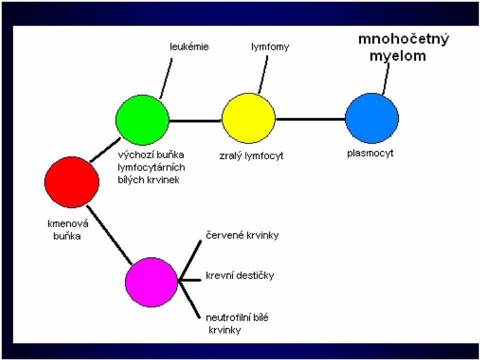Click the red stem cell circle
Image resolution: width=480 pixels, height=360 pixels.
[x=71, y=182]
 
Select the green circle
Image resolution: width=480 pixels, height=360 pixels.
[x=142, y=119]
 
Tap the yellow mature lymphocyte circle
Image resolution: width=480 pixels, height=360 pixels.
[x=248, y=118]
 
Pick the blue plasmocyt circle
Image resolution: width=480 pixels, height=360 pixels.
[x=372, y=118]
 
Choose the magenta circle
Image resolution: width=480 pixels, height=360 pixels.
[x=151, y=282]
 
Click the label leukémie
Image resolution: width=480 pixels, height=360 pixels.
[x=189, y=46]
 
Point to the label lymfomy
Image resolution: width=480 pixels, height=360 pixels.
[x=270, y=47]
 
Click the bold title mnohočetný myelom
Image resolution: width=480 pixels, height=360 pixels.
[x=403, y=48]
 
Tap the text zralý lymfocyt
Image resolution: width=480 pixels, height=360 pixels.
[x=251, y=156]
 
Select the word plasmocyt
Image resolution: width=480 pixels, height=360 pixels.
[x=370, y=153]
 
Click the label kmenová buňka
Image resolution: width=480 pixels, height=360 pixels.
[x=67, y=230]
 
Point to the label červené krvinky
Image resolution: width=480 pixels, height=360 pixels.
[x=242, y=235]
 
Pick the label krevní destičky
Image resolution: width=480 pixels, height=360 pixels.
[x=240, y=275]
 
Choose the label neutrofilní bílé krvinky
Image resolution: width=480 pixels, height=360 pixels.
[x=237, y=323]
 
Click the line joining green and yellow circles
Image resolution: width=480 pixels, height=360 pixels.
[x=195, y=121]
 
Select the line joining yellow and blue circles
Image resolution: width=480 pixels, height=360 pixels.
[x=310, y=119]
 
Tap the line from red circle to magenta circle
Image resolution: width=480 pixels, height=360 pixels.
[x=109, y=235]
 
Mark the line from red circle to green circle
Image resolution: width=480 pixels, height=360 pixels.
[x=104, y=149]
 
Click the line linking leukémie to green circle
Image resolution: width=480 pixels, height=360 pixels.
[x=166, y=78]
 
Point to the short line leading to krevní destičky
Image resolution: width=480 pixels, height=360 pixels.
[x=189, y=280]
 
